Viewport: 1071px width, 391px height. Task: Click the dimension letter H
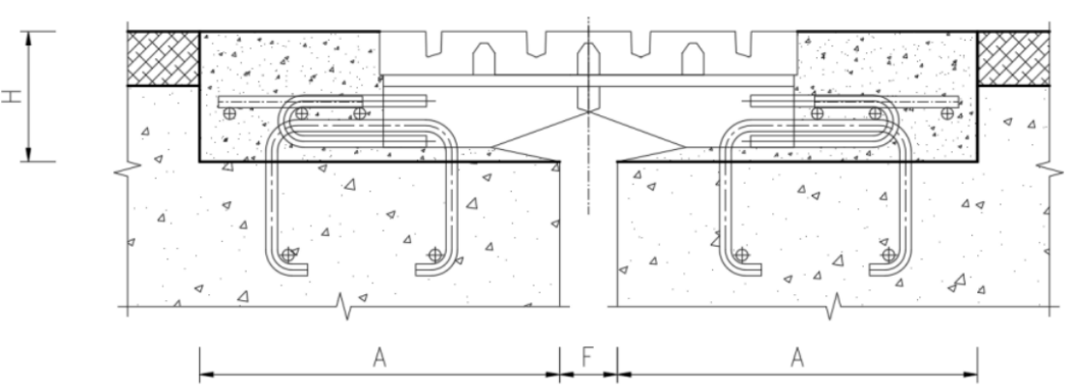[13, 96]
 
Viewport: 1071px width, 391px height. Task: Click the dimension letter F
[587, 357]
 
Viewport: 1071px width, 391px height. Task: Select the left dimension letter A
[380, 357]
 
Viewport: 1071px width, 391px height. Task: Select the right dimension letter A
[796, 357]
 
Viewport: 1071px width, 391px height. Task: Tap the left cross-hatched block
[164, 58]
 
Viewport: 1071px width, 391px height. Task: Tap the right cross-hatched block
[1014, 58]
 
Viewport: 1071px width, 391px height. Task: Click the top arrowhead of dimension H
[29, 39]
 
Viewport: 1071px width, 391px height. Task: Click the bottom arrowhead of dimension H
[29, 155]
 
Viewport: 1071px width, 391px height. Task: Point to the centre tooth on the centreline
[588, 76]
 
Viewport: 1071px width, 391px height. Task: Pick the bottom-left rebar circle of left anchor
[288, 255]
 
